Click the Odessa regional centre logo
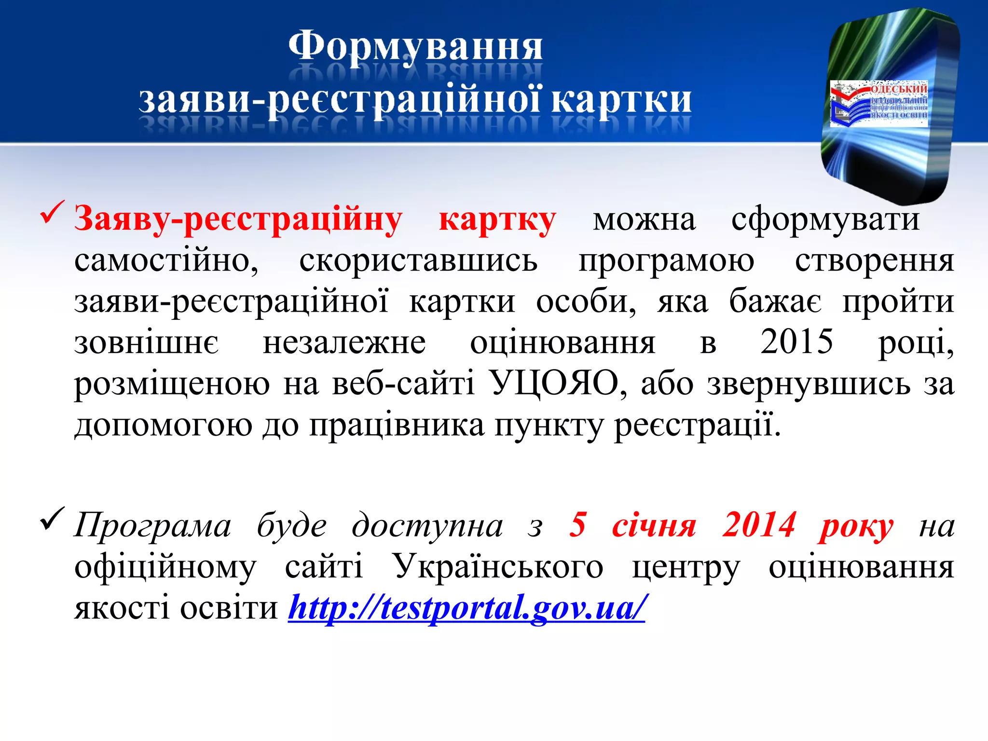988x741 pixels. point(879,103)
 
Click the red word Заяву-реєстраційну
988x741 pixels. point(238,220)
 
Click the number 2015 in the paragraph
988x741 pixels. point(796,342)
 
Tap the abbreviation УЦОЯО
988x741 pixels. point(554,383)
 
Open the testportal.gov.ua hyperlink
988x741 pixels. point(466,608)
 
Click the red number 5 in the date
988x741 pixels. point(577,525)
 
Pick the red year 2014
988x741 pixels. point(759,525)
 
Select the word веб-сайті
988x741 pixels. point(403,384)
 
